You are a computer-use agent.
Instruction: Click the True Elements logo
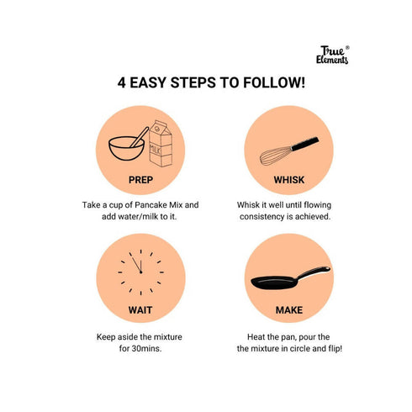click(333, 55)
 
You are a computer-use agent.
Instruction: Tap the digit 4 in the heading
click(121, 82)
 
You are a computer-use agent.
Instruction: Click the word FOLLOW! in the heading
click(274, 82)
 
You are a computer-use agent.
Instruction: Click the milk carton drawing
click(161, 144)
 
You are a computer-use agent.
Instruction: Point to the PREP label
click(140, 180)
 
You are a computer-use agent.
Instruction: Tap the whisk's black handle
click(304, 144)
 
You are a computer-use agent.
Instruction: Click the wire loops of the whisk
click(276, 156)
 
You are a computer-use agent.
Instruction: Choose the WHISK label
click(289, 180)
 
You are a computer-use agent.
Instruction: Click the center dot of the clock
click(140, 272)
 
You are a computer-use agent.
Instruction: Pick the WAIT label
click(140, 310)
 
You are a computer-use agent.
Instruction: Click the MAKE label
click(289, 310)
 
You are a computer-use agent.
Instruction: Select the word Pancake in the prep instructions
click(151, 205)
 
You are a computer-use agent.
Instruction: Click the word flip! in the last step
click(335, 349)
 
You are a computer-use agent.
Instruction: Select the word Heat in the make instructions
click(256, 337)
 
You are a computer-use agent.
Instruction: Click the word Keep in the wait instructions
click(106, 337)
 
